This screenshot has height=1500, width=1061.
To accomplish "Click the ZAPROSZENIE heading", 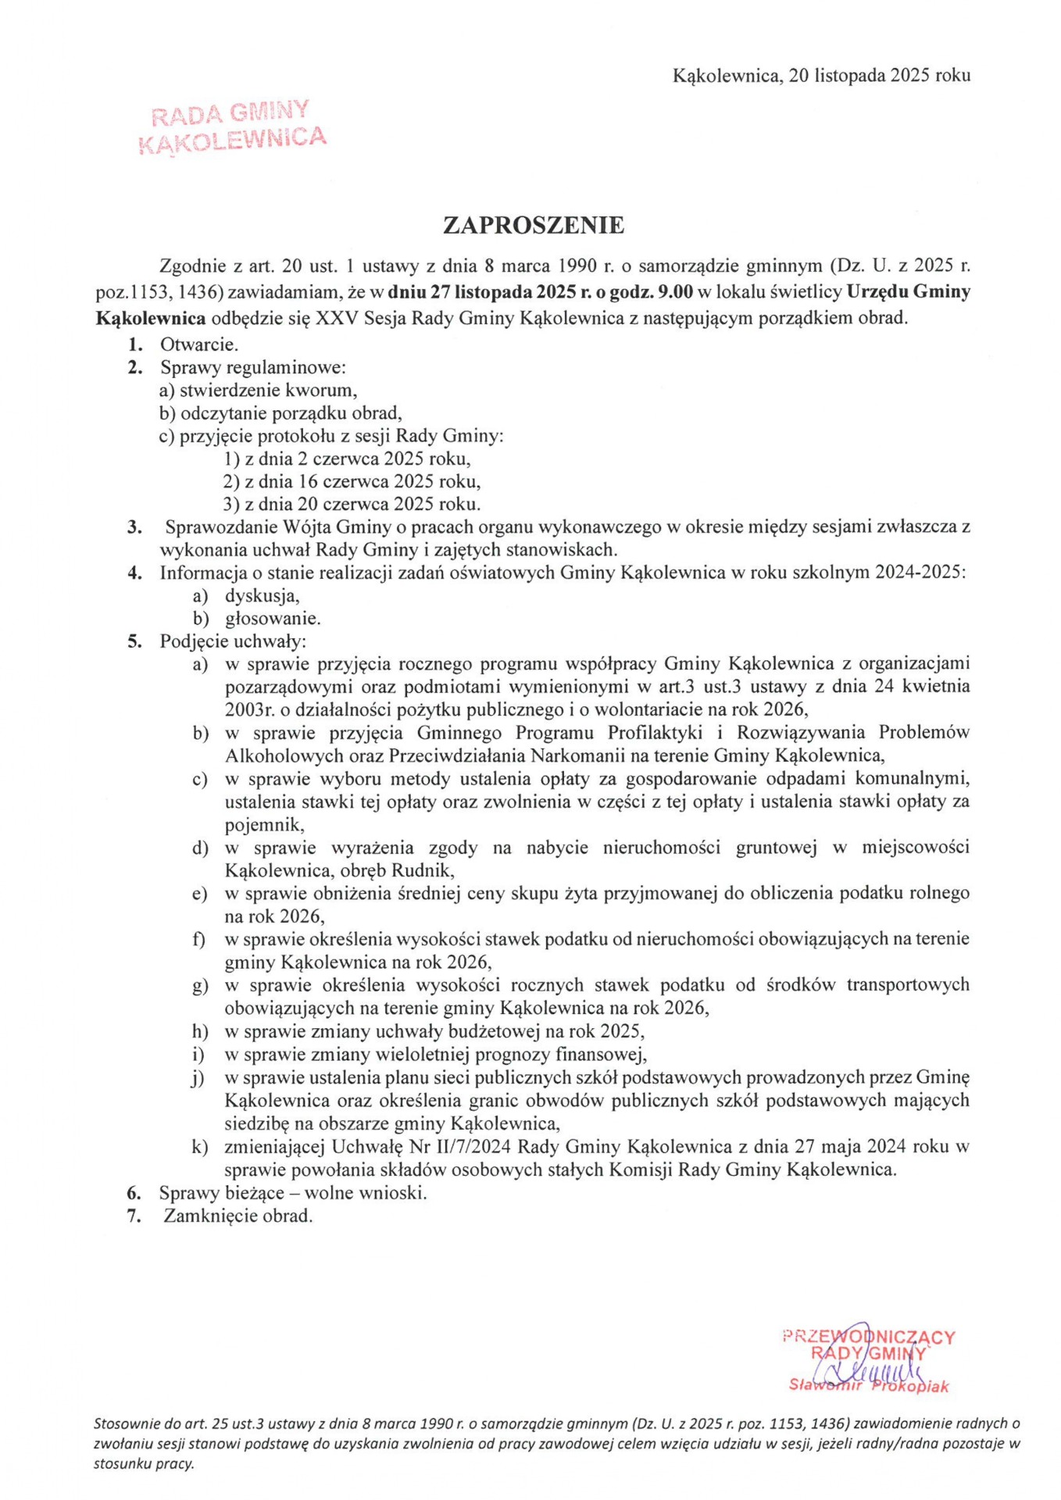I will (x=534, y=226).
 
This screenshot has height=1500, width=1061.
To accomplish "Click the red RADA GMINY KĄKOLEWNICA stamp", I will (x=232, y=127).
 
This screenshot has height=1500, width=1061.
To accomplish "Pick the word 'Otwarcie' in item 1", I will (x=198, y=344).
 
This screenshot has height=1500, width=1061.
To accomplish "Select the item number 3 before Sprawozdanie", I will (x=134, y=527).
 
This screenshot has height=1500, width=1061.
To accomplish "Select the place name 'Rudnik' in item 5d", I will (x=425, y=870).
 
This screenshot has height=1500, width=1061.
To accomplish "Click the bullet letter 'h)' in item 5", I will (x=201, y=1031).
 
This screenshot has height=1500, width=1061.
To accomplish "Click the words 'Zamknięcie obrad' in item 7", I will (x=238, y=1216).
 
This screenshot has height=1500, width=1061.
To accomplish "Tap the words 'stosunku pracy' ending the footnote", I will (x=143, y=1464).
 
